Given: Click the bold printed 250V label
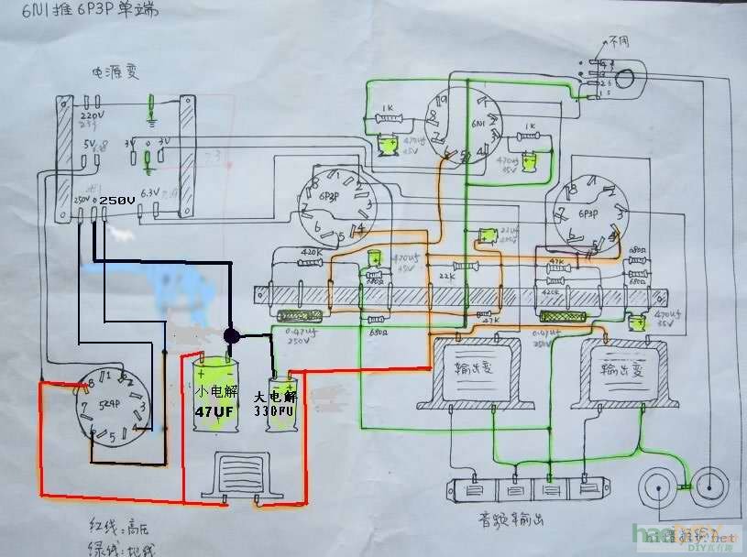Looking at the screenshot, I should coord(116,200).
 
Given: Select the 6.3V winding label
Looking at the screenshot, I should coord(156,192).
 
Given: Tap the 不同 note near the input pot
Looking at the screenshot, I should coord(619,42).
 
